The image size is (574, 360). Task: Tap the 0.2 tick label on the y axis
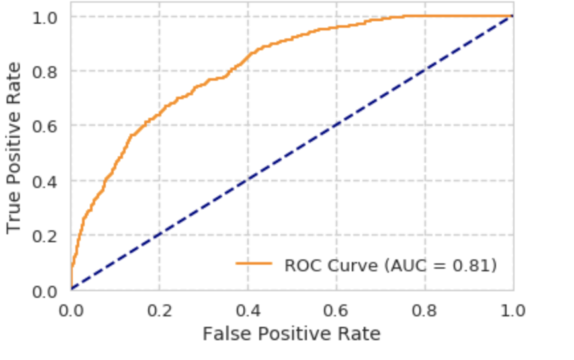click(46, 236)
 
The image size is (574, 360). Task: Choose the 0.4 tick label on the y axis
click(46, 181)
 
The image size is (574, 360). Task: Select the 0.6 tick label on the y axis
click(46, 126)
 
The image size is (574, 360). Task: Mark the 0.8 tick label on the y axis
click(46, 71)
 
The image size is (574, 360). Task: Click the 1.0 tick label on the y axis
click(46, 17)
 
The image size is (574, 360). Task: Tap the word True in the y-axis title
click(15, 211)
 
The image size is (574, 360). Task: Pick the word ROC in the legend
click(301, 265)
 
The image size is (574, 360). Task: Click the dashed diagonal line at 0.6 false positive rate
click(337, 126)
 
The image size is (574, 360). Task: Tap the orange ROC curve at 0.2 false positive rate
click(159, 113)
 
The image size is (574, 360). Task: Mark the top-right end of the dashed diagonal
click(512, 17)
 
